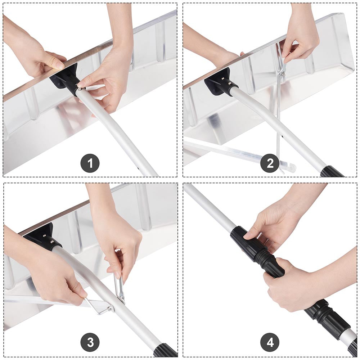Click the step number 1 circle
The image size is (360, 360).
coord(90,163)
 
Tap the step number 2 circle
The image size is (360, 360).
coord(270,163)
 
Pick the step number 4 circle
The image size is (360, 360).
coord(270,342)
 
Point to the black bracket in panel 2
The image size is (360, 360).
coord(220,83)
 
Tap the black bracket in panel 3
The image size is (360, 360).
coord(44,237)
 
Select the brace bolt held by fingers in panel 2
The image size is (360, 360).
coord(283,73)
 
